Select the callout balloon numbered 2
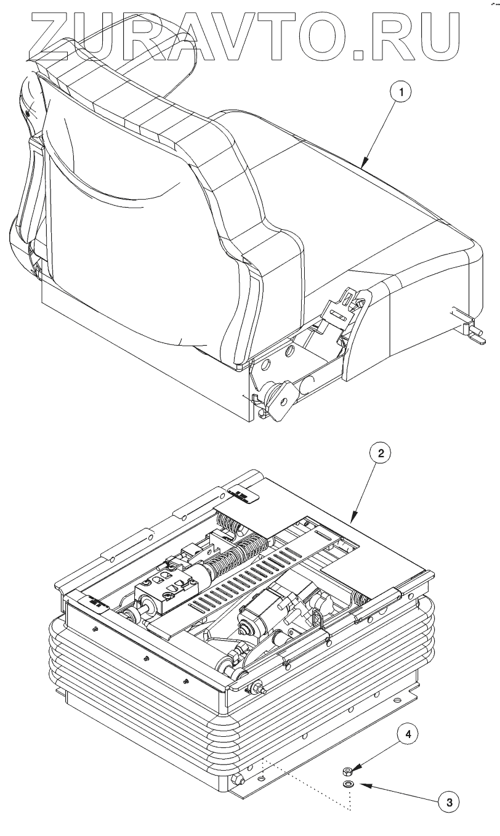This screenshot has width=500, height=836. [381, 454]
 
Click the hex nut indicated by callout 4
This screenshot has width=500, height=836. [347, 770]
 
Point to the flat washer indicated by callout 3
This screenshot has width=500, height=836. [349, 784]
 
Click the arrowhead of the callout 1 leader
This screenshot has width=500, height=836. [363, 166]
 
